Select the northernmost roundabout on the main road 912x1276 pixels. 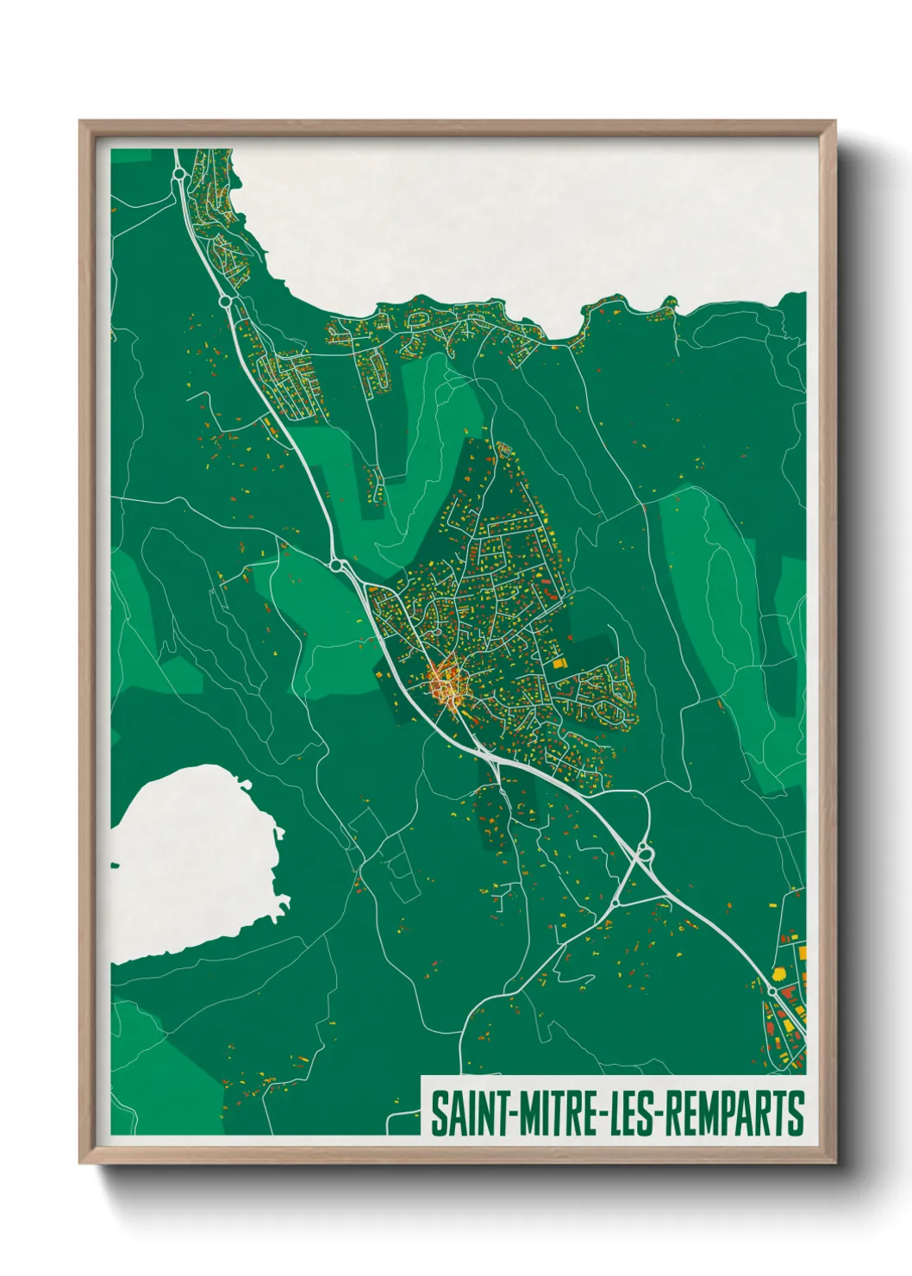(x=179, y=174)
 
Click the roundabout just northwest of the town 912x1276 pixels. (x=337, y=566)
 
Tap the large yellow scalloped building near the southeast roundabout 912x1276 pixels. (x=778, y=973)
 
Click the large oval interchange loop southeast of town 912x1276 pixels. (x=643, y=854)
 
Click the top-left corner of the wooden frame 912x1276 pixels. (x=80, y=122)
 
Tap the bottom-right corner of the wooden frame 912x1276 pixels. (x=835, y=1164)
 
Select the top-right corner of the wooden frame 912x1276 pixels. (x=835, y=122)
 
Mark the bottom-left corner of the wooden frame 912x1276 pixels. (x=80, y=1164)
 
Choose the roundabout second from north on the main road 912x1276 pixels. (x=225, y=302)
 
